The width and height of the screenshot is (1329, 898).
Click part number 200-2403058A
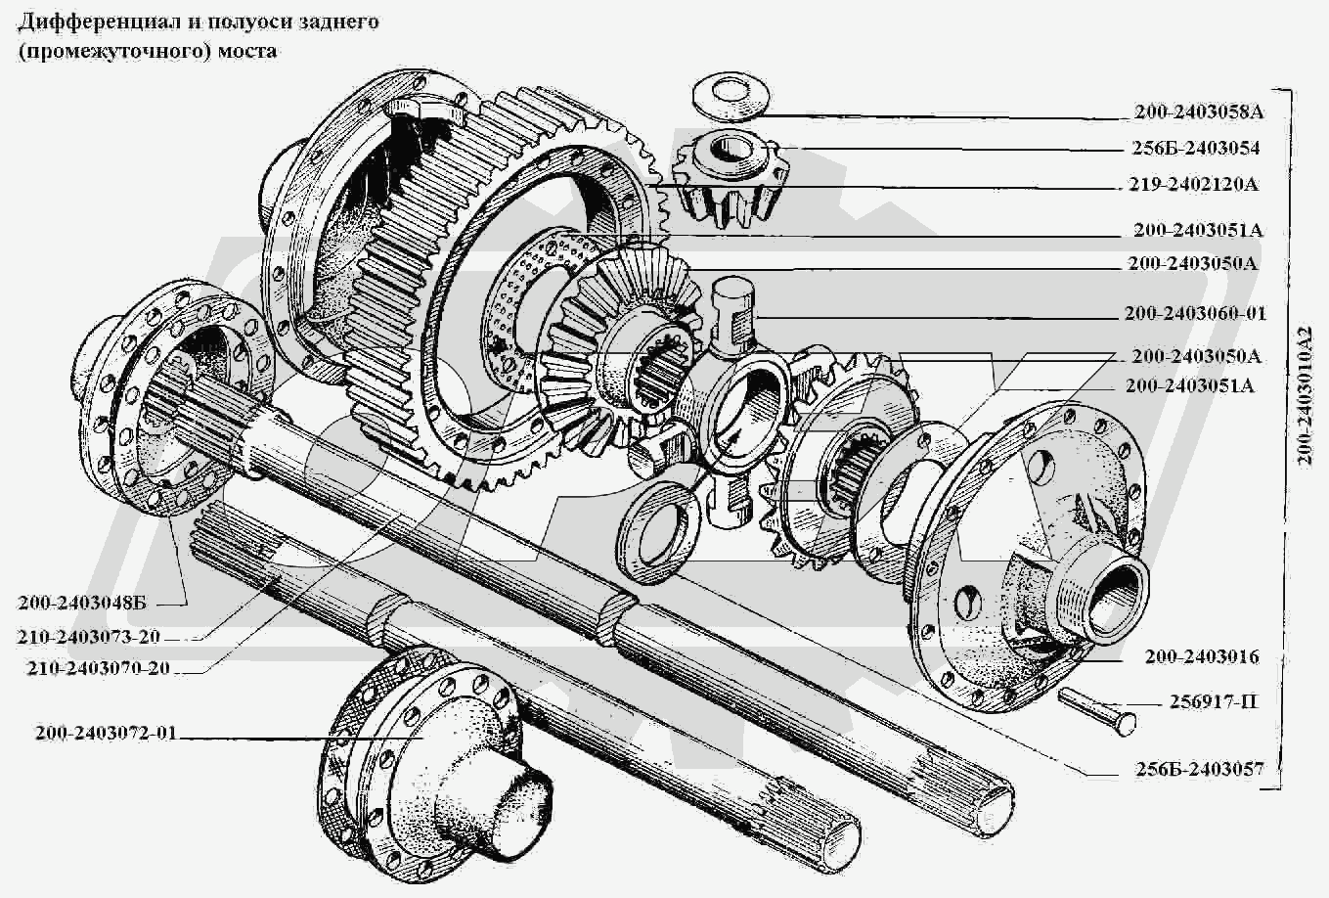click(1199, 112)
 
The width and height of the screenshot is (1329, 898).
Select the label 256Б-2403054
click(1195, 148)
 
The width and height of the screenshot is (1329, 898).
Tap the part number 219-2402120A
click(1194, 184)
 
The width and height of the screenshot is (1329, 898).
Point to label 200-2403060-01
click(1195, 313)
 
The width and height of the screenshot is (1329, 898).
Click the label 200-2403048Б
click(82, 603)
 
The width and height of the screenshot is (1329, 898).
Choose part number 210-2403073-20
click(88, 637)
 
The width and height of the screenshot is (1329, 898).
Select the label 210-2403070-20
click(98, 668)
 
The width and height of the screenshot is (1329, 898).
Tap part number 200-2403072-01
click(107, 733)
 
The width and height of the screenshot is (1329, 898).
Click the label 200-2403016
click(1201, 657)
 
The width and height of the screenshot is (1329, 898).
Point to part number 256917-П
click(1213, 702)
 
